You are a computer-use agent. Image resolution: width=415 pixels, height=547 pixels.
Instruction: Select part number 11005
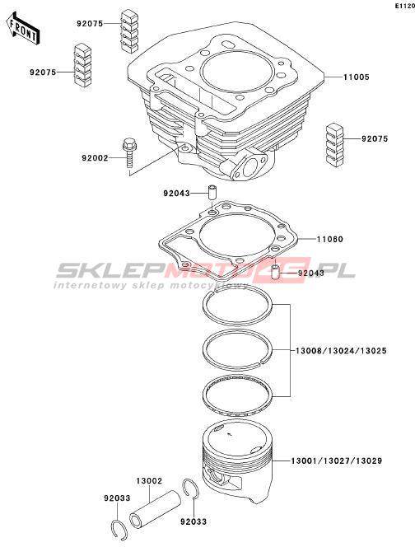click(356, 77)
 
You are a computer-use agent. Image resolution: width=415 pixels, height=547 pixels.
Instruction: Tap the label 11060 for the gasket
click(330, 239)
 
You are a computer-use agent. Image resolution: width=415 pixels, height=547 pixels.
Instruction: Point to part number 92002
click(95, 158)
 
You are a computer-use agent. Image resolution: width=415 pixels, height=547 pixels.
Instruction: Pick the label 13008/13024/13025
click(341, 351)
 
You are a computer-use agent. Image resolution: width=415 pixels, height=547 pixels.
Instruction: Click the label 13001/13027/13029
click(337, 461)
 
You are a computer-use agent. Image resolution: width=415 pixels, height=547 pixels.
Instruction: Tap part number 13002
click(149, 481)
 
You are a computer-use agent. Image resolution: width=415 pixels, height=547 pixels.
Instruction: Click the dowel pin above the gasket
click(212, 193)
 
